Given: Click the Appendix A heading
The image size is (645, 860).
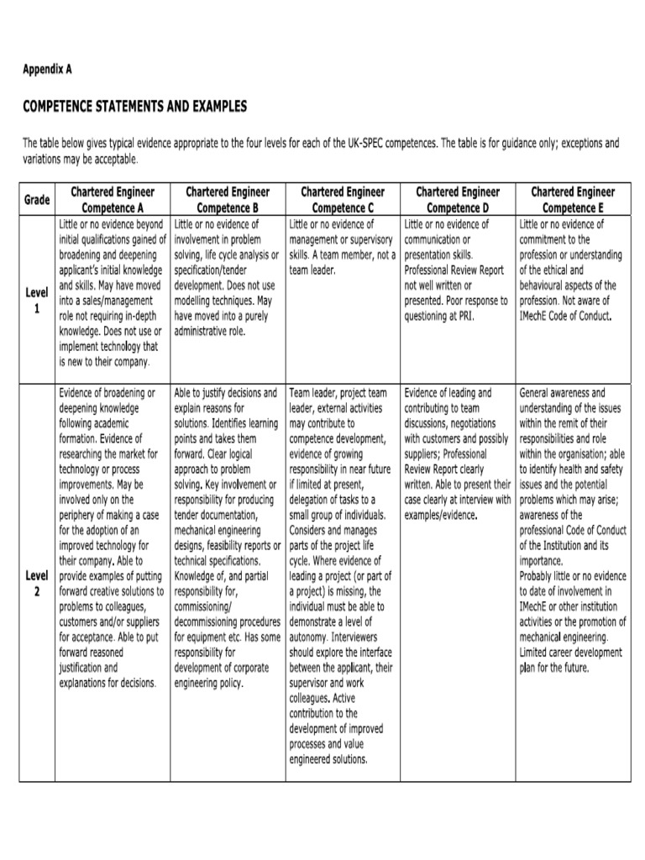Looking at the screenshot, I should pos(47,70).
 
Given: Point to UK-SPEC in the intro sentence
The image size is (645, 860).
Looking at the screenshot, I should pos(370,144).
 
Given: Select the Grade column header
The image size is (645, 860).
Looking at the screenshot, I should pos(37,200).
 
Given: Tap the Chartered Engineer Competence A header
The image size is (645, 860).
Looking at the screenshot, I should pos(113,200).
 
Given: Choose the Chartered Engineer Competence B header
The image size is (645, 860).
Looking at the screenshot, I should pos(228,200).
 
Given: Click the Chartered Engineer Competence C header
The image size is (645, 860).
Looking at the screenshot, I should pos(343,200).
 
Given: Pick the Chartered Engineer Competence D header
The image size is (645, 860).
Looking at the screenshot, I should pos(458,200).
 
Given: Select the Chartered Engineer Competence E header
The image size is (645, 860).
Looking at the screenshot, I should pos(573,200).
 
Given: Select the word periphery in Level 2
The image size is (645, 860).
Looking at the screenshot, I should pos(82,500).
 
